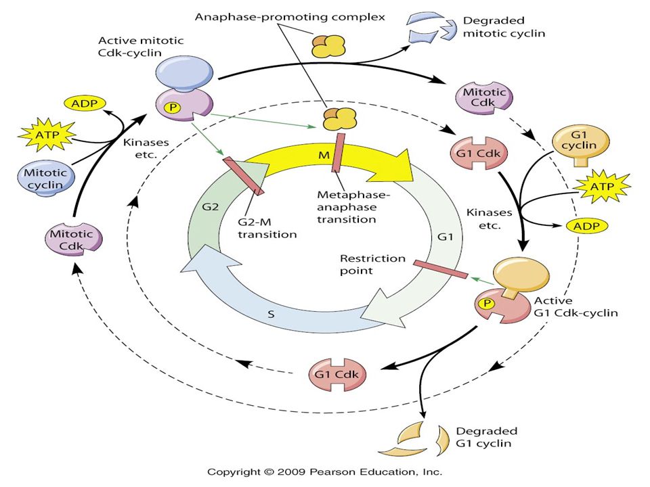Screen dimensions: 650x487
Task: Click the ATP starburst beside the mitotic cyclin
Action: (x=47, y=135)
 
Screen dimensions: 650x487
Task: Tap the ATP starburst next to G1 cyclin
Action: (x=602, y=187)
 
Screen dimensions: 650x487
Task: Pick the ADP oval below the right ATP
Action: (x=586, y=226)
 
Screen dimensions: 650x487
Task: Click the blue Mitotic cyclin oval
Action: (x=46, y=179)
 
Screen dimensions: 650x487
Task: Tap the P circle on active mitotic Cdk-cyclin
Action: (x=173, y=108)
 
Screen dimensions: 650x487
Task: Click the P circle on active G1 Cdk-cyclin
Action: (x=487, y=304)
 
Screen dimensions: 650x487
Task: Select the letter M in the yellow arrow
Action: (x=324, y=156)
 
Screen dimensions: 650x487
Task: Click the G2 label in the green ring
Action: (x=210, y=207)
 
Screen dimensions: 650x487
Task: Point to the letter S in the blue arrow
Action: (x=271, y=315)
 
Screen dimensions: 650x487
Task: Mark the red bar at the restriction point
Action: (x=441, y=269)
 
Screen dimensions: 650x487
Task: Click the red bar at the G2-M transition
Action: (x=243, y=176)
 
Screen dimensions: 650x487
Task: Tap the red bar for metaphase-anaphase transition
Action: (x=338, y=152)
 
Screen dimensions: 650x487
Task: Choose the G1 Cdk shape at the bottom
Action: (x=337, y=375)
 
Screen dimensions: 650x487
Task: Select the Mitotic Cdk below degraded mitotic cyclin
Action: (x=484, y=97)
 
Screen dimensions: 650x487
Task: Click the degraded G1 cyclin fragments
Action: (x=414, y=439)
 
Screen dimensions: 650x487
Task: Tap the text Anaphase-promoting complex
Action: (x=290, y=17)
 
